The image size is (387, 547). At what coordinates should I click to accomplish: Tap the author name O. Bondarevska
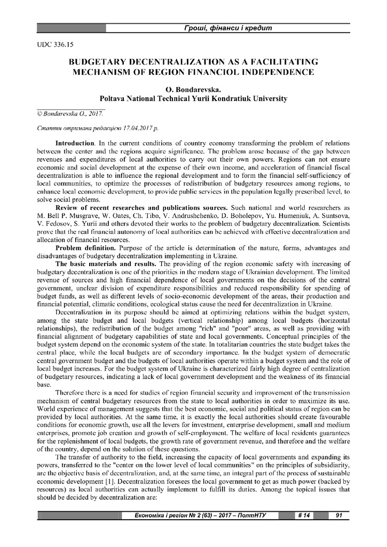coord(193,89)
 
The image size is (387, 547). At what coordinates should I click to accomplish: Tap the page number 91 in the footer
coord(338,516)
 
